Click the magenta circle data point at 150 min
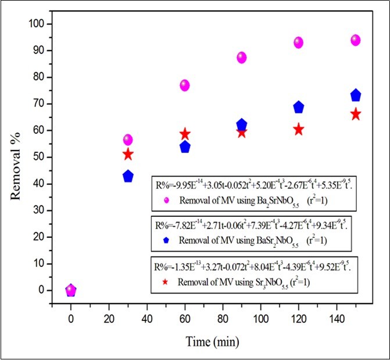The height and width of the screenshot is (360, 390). click(x=356, y=40)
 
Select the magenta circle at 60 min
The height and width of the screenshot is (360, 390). click(x=185, y=85)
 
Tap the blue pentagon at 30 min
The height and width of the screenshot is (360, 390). click(x=128, y=176)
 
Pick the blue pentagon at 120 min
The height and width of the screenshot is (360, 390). click(x=299, y=107)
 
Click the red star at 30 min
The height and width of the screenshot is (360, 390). click(x=128, y=154)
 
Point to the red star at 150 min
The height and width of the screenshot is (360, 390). click(x=356, y=115)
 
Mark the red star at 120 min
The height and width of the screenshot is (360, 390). click(x=299, y=130)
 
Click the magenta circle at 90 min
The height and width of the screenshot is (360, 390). click(x=242, y=58)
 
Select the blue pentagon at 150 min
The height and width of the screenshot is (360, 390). click(x=356, y=95)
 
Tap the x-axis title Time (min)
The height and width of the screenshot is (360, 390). click(x=213, y=341)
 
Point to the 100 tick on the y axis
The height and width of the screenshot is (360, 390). click(x=40, y=24)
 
